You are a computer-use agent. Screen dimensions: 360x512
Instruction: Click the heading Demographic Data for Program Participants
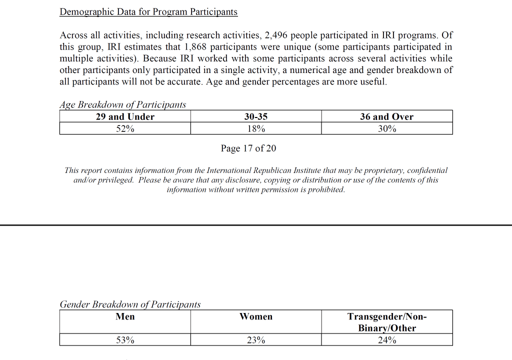(148, 11)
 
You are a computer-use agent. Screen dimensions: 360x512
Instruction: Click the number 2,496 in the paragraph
(271, 35)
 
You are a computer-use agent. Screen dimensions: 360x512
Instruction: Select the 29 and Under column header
(125, 116)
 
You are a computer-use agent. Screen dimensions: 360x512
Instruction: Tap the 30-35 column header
(256, 116)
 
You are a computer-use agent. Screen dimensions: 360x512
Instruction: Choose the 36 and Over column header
(386, 116)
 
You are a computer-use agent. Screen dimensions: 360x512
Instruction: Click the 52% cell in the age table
(125, 128)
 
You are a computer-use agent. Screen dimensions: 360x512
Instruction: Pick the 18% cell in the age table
(256, 128)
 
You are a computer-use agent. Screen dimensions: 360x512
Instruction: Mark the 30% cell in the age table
(386, 128)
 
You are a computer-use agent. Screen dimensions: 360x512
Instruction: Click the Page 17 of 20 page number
(248, 148)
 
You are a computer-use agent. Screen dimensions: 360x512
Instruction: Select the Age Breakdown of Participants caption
(122, 104)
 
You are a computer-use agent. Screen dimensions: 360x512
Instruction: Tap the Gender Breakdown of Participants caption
(130, 304)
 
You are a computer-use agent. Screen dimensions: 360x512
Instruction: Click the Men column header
(125, 316)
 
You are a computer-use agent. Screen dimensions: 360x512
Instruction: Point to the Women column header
(256, 316)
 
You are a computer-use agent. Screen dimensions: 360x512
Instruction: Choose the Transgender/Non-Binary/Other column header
(387, 322)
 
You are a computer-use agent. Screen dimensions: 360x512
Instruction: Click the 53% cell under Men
(125, 340)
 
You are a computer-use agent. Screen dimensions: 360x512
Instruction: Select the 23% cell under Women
(256, 340)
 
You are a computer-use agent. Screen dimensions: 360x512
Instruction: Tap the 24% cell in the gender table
(387, 340)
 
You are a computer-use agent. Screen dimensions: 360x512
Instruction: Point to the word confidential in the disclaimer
(427, 170)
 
